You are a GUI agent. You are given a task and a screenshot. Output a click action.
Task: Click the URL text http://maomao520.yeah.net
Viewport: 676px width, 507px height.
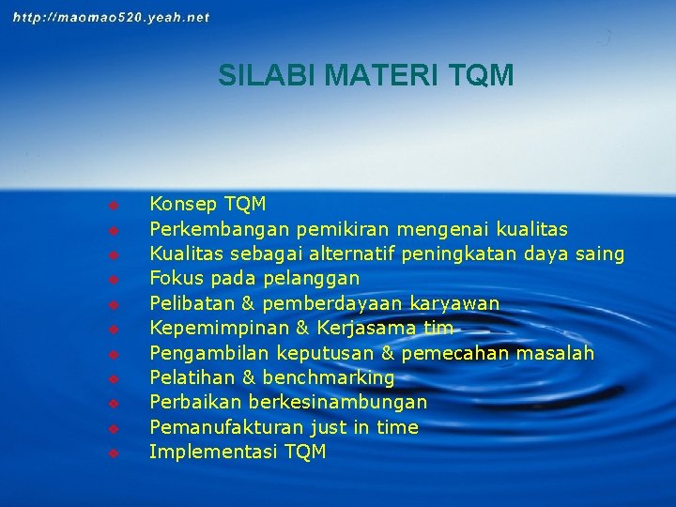[112, 17]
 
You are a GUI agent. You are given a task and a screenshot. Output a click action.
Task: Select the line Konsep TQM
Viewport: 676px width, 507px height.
[207, 204]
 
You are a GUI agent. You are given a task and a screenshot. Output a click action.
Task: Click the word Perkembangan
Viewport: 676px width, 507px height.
[220, 229]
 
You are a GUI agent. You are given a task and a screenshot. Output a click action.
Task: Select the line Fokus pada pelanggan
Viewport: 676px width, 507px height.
[254, 279]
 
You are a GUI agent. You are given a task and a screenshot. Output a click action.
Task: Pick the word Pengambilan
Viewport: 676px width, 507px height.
[208, 353]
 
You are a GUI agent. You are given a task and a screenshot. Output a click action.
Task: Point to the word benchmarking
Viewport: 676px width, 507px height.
[329, 377]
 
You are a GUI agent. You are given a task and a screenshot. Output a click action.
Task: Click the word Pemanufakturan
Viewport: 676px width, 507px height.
[226, 427]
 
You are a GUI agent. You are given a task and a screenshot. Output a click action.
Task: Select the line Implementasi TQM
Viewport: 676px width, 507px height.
[238, 452]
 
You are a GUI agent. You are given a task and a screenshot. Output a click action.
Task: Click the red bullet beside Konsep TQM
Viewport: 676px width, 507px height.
[112, 205]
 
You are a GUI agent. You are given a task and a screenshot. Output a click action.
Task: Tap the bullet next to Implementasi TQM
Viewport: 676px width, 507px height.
[112, 453]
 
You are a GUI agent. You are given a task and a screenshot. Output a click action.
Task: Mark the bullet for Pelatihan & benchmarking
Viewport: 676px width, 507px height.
[112, 378]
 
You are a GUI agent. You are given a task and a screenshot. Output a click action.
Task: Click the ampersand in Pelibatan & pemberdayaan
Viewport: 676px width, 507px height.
[249, 303]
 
